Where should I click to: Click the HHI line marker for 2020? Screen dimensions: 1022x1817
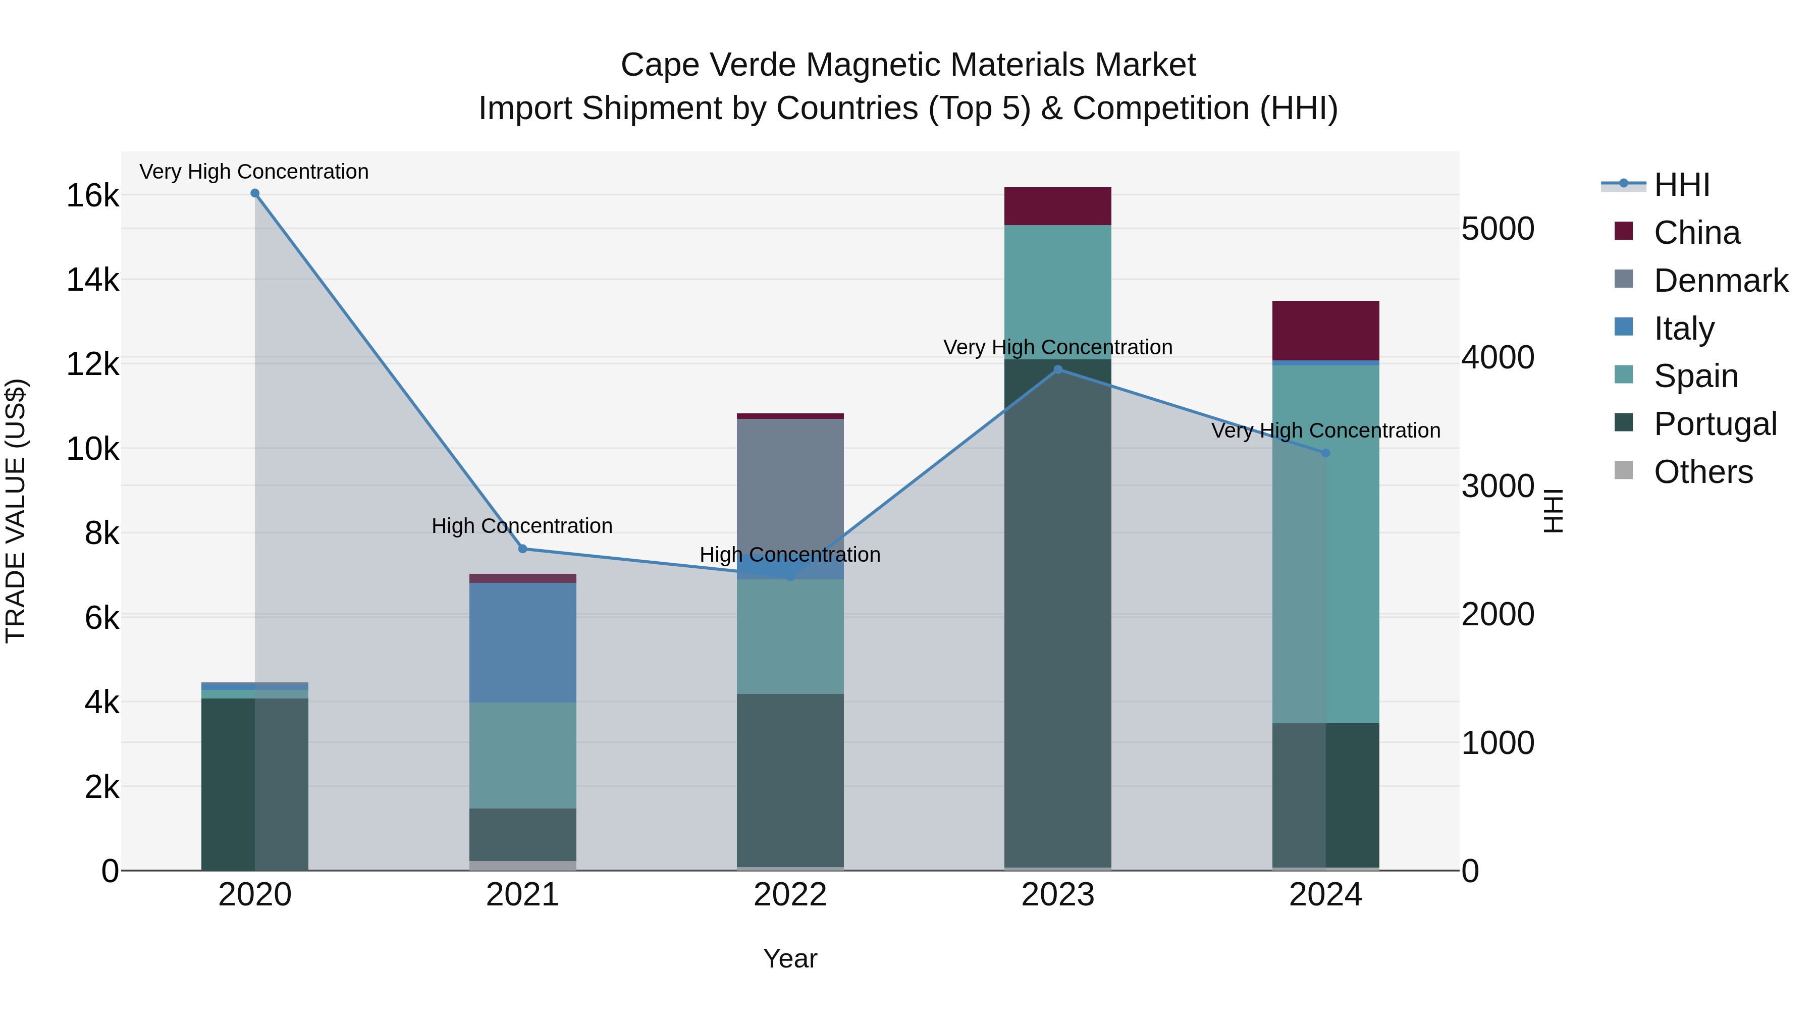pyautogui.click(x=255, y=193)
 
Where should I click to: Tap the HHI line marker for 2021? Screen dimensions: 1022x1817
pyautogui.click(x=523, y=549)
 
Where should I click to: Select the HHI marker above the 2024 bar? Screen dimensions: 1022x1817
pyautogui.click(x=1325, y=453)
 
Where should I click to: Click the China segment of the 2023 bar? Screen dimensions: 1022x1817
pyautogui.click(x=1057, y=206)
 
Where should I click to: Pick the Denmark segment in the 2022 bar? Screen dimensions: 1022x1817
pyautogui.click(x=790, y=487)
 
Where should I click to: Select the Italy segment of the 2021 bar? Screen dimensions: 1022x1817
pyautogui.click(x=523, y=642)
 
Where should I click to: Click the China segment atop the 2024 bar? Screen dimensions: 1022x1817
pyautogui.click(x=1325, y=330)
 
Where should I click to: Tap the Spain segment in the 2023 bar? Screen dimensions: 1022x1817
pyautogui.click(x=1057, y=292)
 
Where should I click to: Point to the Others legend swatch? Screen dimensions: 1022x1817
pyautogui.click(x=1624, y=470)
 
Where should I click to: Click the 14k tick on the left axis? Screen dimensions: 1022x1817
pyautogui.click(x=92, y=280)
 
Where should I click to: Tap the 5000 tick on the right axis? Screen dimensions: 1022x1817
pyautogui.click(x=1498, y=229)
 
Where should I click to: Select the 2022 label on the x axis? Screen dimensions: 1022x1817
pyautogui.click(x=790, y=895)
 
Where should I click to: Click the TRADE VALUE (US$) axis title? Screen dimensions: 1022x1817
pyautogui.click(x=16, y=511)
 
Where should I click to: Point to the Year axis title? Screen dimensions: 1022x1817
pyautogui.click(x=790, y=958)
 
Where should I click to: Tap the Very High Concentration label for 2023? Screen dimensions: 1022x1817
pyautogui.click(x=1057, y=347)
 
